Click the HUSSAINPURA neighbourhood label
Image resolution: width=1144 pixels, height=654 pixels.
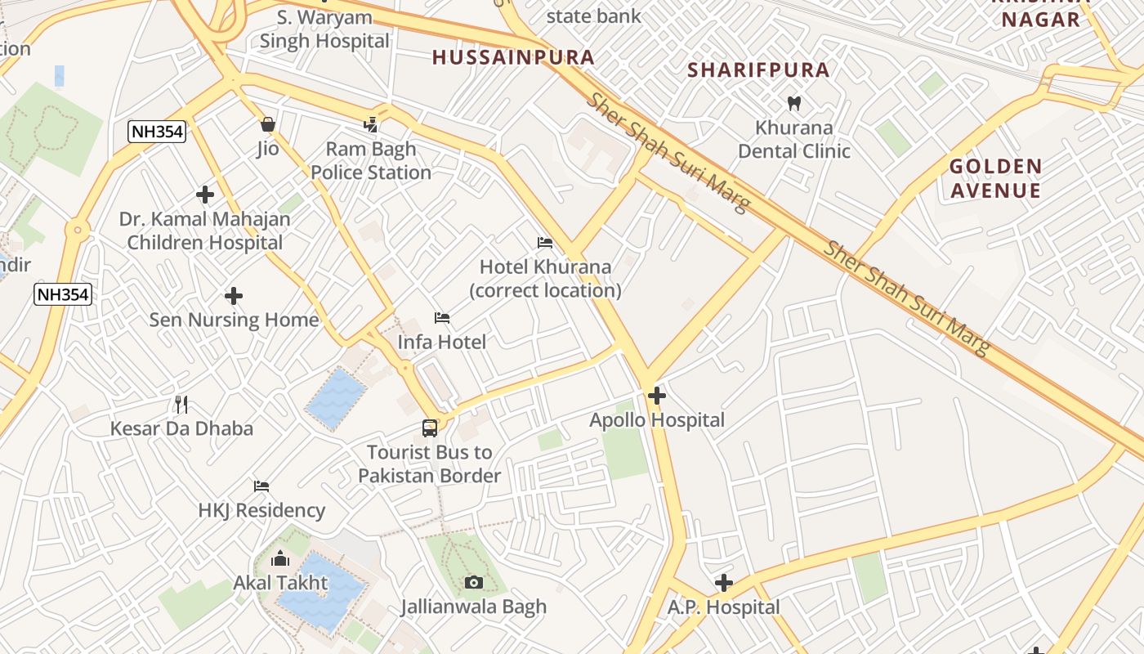[x=513, y=57]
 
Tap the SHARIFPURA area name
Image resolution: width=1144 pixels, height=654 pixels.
[x=758, y=70]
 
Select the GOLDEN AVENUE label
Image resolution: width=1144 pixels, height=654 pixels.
[x=995, y=179]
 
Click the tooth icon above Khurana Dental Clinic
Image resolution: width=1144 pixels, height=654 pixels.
[x=793, y=104]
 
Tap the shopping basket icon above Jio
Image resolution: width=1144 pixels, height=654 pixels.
[x=267, y=124]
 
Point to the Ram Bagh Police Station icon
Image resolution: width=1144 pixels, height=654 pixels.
[x=371, y=124]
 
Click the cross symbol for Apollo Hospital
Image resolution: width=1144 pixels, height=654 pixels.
[x=656, y=396]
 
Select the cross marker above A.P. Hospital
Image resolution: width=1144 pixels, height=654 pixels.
[x=723, y=583]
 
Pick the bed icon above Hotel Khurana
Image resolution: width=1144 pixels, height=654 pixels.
[x=545, y=243]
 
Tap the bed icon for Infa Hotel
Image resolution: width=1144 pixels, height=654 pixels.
[x=442, y=317]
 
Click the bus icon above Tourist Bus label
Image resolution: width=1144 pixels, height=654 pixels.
[x=429, y=428]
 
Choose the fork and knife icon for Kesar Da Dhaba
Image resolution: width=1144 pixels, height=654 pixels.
[x=181, y=404]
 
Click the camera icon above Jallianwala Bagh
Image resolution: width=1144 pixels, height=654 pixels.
[x=473, y=582]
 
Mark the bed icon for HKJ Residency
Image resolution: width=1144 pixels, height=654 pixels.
[x=261, y=486]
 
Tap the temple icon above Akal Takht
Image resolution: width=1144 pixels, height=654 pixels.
[x=280, y=559]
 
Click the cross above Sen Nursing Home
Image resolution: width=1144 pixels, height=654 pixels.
[x=234, y=295]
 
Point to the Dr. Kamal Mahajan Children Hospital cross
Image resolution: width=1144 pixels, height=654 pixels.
[x=204, y=195]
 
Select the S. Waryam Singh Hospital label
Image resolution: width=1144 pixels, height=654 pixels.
[x=324, y=29]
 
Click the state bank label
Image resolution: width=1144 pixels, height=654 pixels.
[x=593, y=16]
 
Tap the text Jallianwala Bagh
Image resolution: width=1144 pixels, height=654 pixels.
[x=473, y=607]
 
